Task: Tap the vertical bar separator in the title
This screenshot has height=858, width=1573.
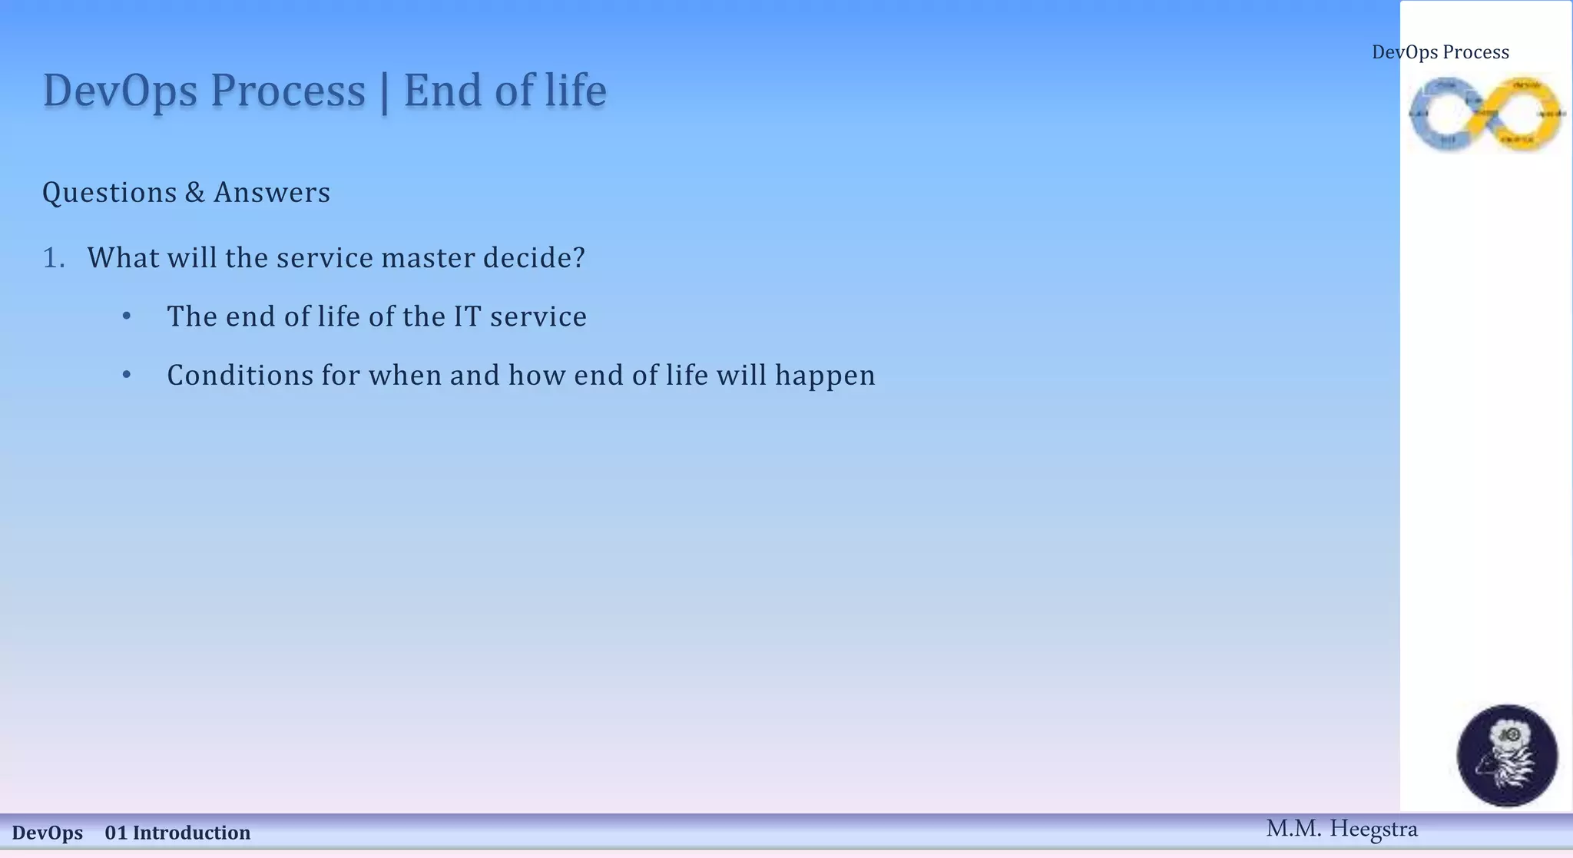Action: (x=384, y=92)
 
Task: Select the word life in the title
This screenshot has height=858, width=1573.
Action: (x=576, y=91)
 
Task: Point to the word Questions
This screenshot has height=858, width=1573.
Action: (x=109, y=193)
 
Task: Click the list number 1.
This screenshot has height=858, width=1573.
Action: (x=53, y=258)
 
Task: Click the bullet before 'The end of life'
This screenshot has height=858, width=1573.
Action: (x=127, y=316)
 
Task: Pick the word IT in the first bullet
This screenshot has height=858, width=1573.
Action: (x=467, y=316)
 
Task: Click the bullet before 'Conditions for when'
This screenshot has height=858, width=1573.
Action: (x=127, y=376)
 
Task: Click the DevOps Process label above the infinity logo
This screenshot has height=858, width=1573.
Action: (x=1440, y=52)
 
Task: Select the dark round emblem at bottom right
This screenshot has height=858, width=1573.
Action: (x=1507, y=755)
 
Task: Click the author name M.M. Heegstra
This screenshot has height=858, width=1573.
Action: (x=1341, y=829)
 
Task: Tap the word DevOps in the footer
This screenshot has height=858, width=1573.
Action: (x=48, y=833)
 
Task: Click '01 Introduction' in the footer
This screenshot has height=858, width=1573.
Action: (x=177, y=833)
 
